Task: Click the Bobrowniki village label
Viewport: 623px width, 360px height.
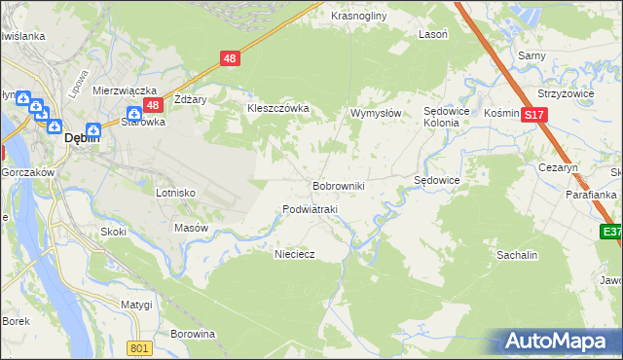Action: pos(338,185)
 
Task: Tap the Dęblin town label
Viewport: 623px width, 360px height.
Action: pos(79,139)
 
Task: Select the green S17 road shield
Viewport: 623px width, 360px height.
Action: pos(532,115)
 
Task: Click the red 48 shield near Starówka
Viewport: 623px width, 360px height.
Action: pos(152,105)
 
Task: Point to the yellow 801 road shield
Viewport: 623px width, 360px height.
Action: pos(140,348)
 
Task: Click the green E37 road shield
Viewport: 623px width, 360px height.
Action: pos(611,232)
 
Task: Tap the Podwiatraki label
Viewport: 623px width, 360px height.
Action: pos(310,209)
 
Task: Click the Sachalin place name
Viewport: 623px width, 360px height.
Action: pos(517,254)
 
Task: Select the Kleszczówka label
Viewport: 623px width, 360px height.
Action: pos(277,109)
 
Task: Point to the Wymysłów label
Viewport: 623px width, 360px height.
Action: pos(376,113)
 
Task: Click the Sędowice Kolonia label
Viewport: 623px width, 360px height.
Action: pos(447,117)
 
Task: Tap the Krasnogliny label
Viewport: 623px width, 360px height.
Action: pos(358,17)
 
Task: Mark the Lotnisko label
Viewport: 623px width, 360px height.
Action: pos(175,193)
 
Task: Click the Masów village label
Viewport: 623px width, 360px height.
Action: pos(191,228)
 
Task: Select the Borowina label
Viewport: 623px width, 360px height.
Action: pos(192,334)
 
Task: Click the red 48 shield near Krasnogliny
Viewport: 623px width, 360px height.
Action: pos(230,58)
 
